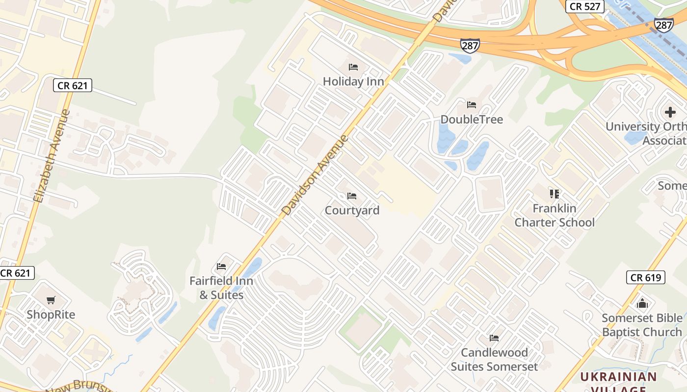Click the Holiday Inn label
pyautogui.click(x=353, y=81)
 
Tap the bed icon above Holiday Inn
pyautogui.click(x=353, y=67)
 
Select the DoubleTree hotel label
pyautogui.click(x=472, y=119)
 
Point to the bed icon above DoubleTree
pyautogui.click(x=472, y=105)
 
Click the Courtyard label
pyautogui.click(x=352, y=210)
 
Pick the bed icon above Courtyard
pyautogui.click(x=351, y=196)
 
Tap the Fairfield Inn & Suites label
pyautogui.click(x=221, y=288)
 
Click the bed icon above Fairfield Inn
pyautogui.click(x=221, y=267)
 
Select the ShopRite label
pyautogui.click(x=51, y=315)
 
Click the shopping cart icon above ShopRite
pyautogui.click(x=51, y=300)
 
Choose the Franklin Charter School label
pyautogui.click(x=554, y=216)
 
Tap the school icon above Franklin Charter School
pyautogui.click(x=555, y=194)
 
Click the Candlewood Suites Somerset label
pyautogui.click(x=494, y=359)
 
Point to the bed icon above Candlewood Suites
pyautogui.click(x=494, y=338)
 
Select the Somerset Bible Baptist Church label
pyautogui.click(x=642, y=325)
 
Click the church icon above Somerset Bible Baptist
pyautogui.click(x=642, y=304)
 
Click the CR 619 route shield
pyautogui.click(x=646, y=277)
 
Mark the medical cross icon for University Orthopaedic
pyautogui.click(x=670, y=112)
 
